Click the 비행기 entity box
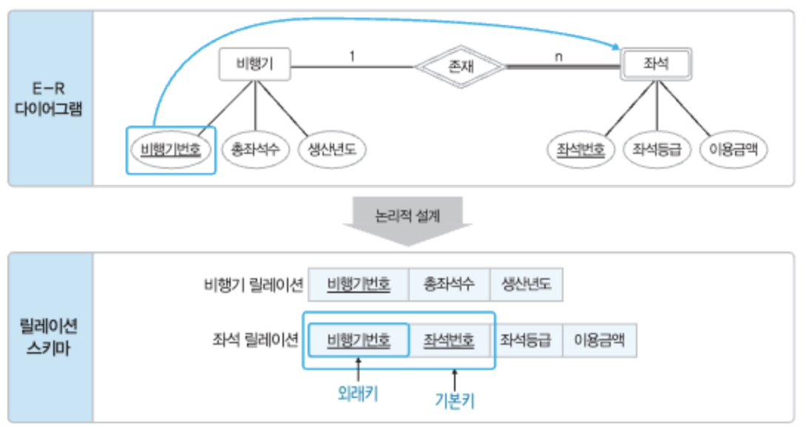[254, 64]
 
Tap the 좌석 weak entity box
[657, 64]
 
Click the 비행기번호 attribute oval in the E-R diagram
[170, 150]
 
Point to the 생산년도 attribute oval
[332, 150]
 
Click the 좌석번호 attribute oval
[580, 150]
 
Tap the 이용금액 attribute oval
[732, 150]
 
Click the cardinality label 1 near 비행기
[352, 55]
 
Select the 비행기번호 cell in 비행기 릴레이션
[359, 284]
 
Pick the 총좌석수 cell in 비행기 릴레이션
[449, 284]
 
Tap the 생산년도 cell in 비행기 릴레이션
[526, 284]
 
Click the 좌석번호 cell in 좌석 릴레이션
[449, 341]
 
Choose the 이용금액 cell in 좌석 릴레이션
[599, 341]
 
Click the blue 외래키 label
[358, 394]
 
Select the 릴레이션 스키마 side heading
[51, 337]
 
